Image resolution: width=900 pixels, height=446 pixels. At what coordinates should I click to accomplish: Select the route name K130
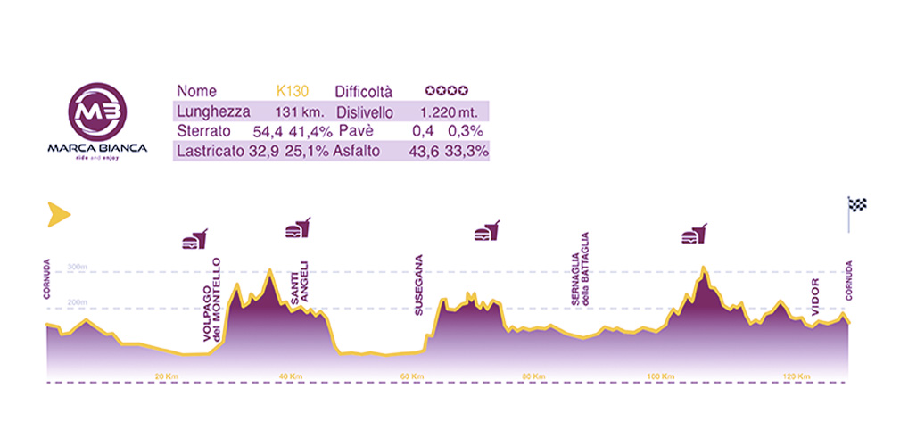(x=293, y=91)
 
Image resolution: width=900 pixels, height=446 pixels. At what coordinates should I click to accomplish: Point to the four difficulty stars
(x=446, y=91)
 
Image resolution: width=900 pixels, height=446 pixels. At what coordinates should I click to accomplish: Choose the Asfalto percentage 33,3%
(x=467, y=152)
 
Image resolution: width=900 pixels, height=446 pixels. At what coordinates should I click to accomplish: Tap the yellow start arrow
(x=58, y=213)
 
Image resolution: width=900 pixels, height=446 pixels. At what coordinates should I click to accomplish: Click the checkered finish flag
(x=856, y=206)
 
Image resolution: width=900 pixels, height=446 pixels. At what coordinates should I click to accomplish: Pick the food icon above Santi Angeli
(x=298, y=227)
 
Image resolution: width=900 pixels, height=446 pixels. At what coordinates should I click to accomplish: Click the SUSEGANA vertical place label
(x=418, y=285)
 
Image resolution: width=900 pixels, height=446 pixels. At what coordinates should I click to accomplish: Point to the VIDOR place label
(x=815, y=302)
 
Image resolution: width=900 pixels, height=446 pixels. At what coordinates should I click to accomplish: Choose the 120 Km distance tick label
(x=797, y=376)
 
